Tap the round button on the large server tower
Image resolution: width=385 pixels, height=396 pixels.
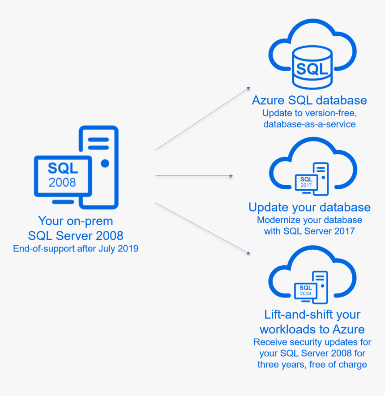click(105, 164)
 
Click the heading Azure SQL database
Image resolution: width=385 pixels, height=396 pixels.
click(309, 100)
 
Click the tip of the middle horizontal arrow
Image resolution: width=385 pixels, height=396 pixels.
click(231, 176)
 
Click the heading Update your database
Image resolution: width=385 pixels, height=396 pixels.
click(309, 207)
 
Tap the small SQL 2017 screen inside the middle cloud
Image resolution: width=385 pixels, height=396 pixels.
click(306, 182)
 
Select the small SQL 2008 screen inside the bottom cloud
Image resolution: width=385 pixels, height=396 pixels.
click(305, 290)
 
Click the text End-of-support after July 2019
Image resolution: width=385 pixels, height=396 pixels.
click(76, 249)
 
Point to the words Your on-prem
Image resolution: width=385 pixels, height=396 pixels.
click(76, 221)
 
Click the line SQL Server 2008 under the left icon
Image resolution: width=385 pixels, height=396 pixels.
click(76, 235)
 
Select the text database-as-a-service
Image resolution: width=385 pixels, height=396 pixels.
click(309, 124)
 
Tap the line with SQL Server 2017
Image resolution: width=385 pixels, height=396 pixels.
click(309, 231)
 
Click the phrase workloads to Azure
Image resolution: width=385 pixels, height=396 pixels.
click(312, 329)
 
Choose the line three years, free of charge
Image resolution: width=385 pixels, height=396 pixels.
click(312, 364)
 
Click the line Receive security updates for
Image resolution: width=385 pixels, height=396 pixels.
click(312, 342)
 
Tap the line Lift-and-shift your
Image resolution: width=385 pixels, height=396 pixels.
click(312, 314)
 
